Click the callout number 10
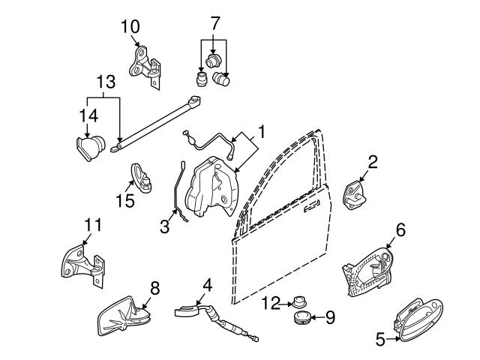tap(130, 26)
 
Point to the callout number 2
tap(373, 161)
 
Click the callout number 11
tap(91, 223)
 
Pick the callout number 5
tap(380, 340)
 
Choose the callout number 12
tap(271, 303)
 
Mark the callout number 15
tap(124, 200)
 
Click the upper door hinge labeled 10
tap(145, 66)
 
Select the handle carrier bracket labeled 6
tap(367, 268)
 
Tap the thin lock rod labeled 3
tap(177, 192)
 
